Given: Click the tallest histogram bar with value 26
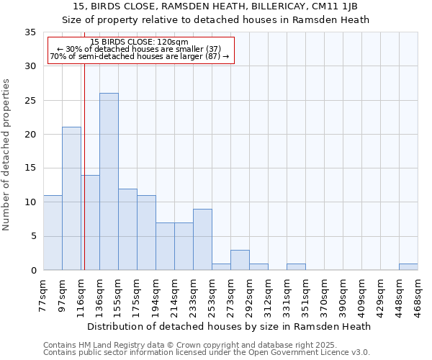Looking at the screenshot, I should coord(109,181).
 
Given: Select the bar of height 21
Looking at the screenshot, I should coord(71,199).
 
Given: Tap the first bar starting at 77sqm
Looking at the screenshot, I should coord(53,233).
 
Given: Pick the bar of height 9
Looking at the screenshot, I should coord(202,240).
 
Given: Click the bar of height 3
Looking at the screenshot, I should coord(240,260).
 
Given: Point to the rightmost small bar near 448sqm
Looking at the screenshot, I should coord(408,267).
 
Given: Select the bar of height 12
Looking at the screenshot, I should coord(127,230).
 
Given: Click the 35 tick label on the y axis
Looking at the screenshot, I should coord(30,32).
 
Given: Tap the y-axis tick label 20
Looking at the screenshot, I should coord(30,135).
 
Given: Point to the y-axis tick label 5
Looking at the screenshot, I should coord(32,236).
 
